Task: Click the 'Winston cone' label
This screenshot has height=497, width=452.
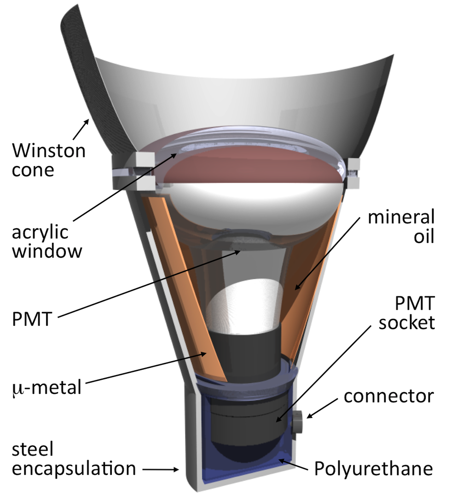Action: pyautogui.click(x=48, y=160)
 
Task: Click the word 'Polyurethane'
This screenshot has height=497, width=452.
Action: pyautogui.click(x=373, y=469)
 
